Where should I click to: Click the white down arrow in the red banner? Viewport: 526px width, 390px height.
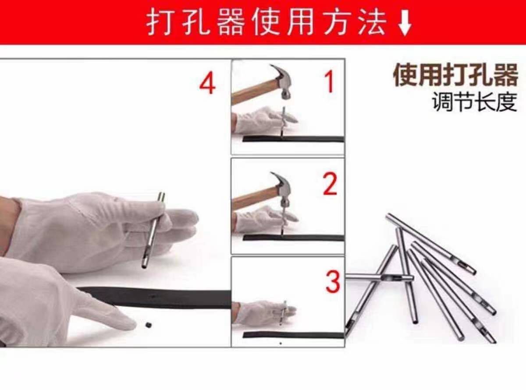coord(405,23)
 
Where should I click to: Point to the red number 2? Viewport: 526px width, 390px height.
coord(330,184)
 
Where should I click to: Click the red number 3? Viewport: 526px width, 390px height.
coord(333,282)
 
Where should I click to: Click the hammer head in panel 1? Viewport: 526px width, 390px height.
coord(283,82)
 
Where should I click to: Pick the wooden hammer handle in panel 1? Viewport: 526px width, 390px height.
coord(256,91)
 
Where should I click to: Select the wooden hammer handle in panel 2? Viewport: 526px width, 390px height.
coord(255,198)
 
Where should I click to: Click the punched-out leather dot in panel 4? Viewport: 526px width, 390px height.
coord(148,325)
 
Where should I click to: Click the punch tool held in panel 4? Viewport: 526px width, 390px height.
coord(154,230)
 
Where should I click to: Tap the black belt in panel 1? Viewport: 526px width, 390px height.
coord(293,139)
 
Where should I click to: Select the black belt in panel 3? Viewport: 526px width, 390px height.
coord(293,335)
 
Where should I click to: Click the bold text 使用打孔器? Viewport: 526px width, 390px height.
coord(455,74)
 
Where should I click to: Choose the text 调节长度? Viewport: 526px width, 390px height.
coord(475,102)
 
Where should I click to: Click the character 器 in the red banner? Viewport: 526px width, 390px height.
coord(231,23)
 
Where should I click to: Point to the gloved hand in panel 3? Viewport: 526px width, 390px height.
coord(264,312)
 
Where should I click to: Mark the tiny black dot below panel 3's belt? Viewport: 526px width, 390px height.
coord(281,343)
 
